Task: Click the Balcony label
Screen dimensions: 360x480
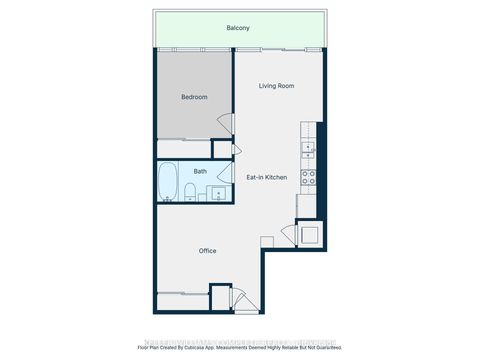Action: point(239,29)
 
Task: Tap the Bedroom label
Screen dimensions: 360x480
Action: point(194,97)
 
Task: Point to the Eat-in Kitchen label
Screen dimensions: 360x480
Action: point(267,177)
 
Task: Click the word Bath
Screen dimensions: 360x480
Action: point(200,171)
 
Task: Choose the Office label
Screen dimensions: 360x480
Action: point(207,251)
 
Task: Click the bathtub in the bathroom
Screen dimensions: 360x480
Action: point(169,183)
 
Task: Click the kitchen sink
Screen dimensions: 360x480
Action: point(309,150)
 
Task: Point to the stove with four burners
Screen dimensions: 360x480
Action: point(309,180)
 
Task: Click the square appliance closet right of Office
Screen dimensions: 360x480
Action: point(309,236)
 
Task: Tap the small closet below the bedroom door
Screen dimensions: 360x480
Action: point(223,149)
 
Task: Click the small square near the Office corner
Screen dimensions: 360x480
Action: point(266,243)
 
